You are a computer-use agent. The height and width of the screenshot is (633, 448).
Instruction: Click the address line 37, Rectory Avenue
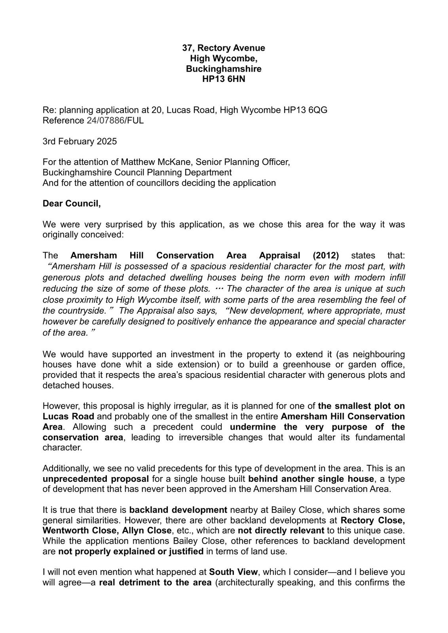coord(224,48)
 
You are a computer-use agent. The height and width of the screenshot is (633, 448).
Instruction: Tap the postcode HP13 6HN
coord(224,79)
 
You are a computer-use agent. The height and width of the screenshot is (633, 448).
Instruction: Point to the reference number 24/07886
coord(106,120)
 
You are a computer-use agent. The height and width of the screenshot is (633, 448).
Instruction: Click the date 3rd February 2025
coord(80,141)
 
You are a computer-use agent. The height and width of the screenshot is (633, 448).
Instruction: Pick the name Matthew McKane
coord(156,162)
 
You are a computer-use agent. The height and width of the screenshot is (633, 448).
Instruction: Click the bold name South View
coord(233,572)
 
